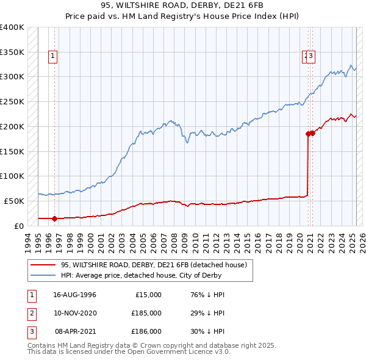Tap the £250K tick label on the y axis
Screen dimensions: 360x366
[12, 101]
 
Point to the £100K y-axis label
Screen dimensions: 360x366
[12, 176]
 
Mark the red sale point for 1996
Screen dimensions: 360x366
[54, 218]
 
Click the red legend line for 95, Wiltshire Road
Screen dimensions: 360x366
[43, 265]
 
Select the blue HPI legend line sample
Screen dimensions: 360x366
[43, 275]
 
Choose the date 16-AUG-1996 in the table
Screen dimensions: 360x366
[74, 295]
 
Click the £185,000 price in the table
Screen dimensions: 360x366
[146, 313]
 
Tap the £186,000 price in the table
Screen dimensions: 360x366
[146, 331]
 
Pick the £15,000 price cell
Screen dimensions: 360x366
[148, 295]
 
